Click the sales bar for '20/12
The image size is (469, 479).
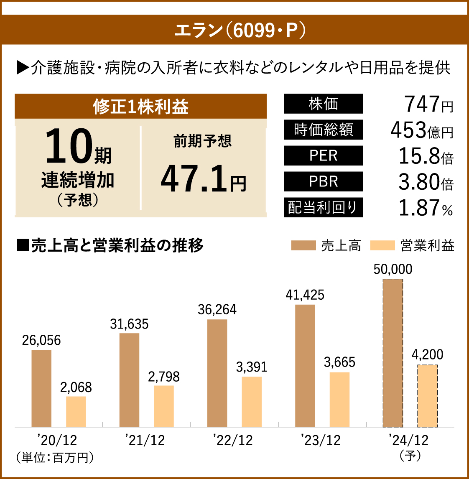coord(41,388)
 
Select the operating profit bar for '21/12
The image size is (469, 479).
coord(163,406)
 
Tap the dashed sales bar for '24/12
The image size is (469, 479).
coord(393,353)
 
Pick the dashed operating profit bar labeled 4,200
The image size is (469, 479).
coord(427,396)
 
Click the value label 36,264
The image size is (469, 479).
coord(217,310)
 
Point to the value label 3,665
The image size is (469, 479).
coord(339,362)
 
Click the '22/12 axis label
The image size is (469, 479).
coord(232,440)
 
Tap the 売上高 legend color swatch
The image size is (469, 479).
coord(303,245)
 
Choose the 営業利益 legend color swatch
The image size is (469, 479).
coord(382,245)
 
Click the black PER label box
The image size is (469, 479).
coord(323,155)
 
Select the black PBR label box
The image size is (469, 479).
coord(323,181)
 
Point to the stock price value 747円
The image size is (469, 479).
coord(428,104)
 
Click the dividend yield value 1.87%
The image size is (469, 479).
coord(426,208)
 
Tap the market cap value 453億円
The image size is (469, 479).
coord(421,130)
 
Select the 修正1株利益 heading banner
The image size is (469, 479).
coord(140,107)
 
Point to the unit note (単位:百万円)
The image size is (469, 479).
coord(54,457)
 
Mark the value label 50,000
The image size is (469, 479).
coord(393,270)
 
